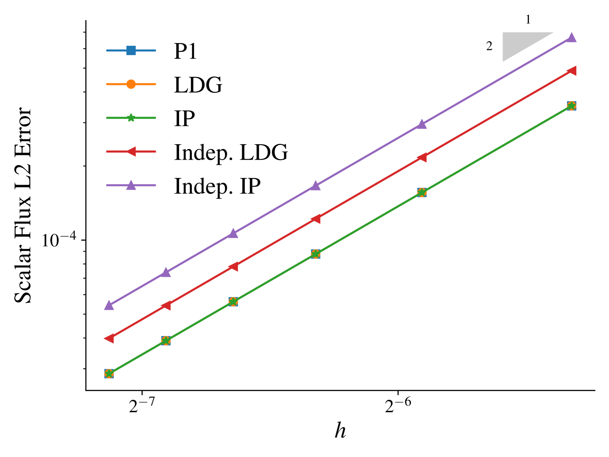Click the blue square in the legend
click(131, 50)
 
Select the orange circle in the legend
click(131, 84)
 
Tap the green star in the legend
click(131, 118)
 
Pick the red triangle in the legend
click(131, 152)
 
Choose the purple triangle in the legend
click(131, 185)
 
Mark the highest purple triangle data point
click(571, 37)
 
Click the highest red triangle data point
click(571, 70)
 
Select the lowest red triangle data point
click(109, 338)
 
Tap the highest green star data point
click(571, 106)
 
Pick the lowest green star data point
click(109, 374)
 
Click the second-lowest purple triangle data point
click(166, 272)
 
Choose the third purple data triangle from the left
click(233, 233)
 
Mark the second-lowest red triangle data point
click(166, 305)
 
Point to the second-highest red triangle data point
click(422, 157)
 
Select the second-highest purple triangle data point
click(422, 124)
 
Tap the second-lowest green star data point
click(166, 341)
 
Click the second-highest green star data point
click(422, 192)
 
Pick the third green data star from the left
click(233, 302)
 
